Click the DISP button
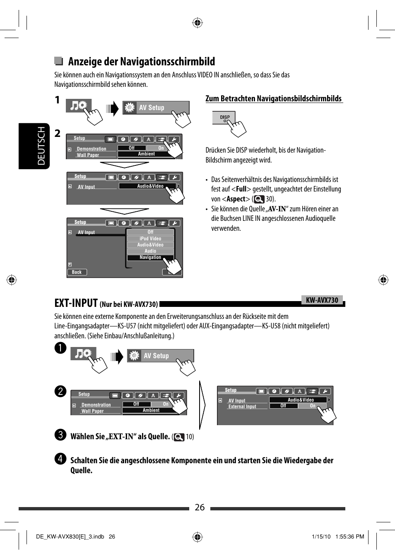point(224,117)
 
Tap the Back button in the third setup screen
point(77,272)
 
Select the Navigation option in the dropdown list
point(150,257)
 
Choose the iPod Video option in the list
point(150,239)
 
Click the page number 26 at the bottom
point(200,507)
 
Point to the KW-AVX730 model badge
point(322,300)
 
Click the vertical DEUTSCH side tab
point(41,146)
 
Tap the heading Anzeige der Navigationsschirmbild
point(141,62)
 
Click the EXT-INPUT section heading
point(76,303)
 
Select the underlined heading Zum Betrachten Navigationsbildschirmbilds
point(274,98)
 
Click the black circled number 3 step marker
point(60,434)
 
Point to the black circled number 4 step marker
point(60,458)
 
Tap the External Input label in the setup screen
point(242,407)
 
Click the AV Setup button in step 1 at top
point(156,108)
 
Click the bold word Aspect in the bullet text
point(236,199)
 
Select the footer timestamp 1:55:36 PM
point(349,536)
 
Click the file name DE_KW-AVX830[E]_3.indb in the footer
point(70,536)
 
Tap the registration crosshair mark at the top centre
point(197,23)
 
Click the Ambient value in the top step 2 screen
point(146,154)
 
